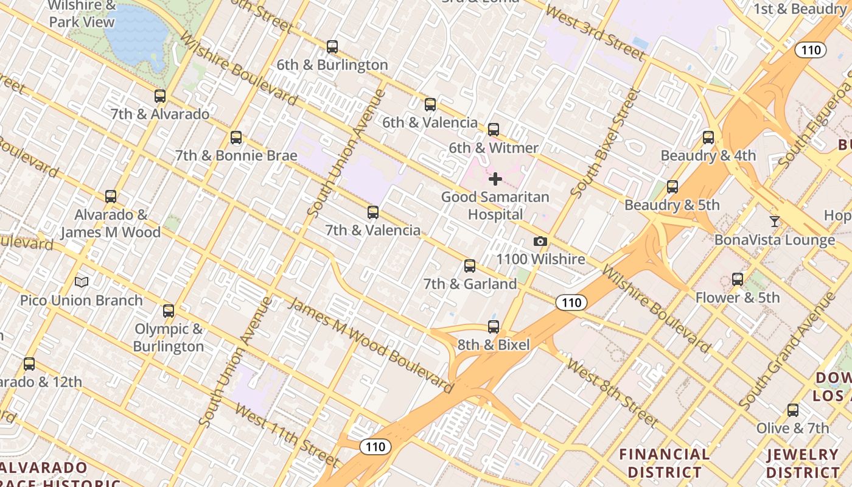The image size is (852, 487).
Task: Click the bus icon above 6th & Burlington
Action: point(332,46)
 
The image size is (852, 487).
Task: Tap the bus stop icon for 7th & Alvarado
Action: point(160,96)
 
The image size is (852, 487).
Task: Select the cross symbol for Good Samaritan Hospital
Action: point(495,179)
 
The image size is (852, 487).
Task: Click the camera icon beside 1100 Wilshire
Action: point(540,242)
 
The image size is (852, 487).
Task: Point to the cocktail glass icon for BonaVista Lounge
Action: point(774,222)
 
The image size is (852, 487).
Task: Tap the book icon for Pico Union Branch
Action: point(82,282)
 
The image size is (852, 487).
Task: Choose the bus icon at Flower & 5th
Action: point(738,279)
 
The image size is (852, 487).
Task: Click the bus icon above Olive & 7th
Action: point(792,410)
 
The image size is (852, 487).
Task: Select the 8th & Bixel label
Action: point(494,345)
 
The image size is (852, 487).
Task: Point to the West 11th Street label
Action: point(286,433)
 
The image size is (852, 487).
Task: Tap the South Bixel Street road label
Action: point(606,143)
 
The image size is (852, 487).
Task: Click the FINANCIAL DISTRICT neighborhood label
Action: point(664,463)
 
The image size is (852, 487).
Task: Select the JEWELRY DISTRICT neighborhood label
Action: point(803,463)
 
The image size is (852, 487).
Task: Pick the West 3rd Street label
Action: point(595,33)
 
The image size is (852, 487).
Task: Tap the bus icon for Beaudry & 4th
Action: point(708,138)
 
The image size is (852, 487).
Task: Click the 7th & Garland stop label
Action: point(470,284)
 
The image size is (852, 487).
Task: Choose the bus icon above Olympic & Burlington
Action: point(169,311)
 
